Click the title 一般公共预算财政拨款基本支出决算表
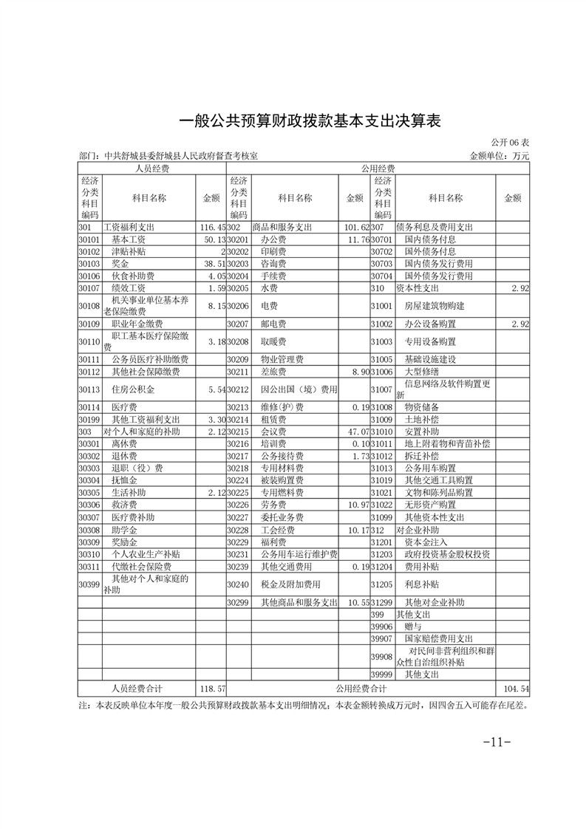coord(310,121)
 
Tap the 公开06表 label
coord(510,143)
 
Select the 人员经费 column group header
coord(152,169)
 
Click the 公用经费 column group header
coord(378,169)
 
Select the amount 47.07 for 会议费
coord(356,431)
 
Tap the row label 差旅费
coord(273,372)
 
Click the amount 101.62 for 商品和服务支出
coord(356,228)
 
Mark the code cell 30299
coord(237,602)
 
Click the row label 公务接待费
coord(278,456)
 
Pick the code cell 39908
coord(382,656)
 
